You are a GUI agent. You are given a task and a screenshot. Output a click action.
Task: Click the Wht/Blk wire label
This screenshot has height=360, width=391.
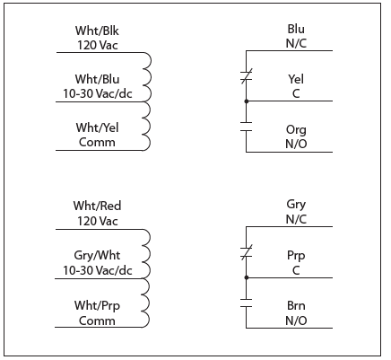pyautogui.click(x=97, y=30)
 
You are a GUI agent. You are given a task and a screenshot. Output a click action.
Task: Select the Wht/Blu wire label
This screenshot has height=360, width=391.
pyautogui.click(x=97, y=79)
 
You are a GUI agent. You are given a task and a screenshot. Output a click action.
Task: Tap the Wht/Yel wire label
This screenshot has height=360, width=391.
pyautogui.click(x=97, y=128)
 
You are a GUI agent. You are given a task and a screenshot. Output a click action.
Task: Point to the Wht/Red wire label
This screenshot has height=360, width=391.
pyautogui.click(x=97, y=206)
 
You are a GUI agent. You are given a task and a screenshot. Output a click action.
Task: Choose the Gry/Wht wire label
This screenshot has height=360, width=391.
pyautogui.click(x=97, y=255)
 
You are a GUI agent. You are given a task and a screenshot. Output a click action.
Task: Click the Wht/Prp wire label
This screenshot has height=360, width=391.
pyautogui.click(x=97, y=305)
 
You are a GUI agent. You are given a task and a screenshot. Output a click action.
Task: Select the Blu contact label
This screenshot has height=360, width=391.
pyautogui.click(x=295, y=30)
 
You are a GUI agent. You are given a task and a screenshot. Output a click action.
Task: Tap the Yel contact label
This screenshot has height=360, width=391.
pyautogui.click(x=295, y=79)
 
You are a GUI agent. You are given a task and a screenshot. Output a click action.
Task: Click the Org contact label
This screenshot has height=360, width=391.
pyautogui.click(x=295, y=129)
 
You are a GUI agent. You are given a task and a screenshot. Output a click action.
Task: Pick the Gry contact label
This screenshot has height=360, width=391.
pyautogui.click(x=295, y=206)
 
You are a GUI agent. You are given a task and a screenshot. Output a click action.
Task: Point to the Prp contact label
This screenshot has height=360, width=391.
pyautogui.click(x=295, y=256)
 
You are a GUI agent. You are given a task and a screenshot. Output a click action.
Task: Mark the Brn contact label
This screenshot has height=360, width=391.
pyautogui.click(x=295, y=305)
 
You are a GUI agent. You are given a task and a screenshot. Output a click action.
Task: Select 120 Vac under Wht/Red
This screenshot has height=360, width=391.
pyautogui.click(x=97, y=219)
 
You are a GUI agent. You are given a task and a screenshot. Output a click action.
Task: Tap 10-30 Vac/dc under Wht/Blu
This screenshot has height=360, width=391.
pyautogui.click(x=97, y=92)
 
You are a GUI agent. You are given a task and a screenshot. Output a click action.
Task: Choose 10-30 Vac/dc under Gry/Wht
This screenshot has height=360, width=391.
pyautogui.click(x=97, y=268)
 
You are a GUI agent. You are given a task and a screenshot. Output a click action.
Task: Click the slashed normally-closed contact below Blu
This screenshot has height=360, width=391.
pyautogui.click(x=246, y=81)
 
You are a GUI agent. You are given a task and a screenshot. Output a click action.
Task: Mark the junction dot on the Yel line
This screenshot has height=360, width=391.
pyautogui.click(x=246, y=101)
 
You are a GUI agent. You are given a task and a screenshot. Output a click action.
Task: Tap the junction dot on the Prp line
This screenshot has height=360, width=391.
pyautogui.click(x=246, y=277)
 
